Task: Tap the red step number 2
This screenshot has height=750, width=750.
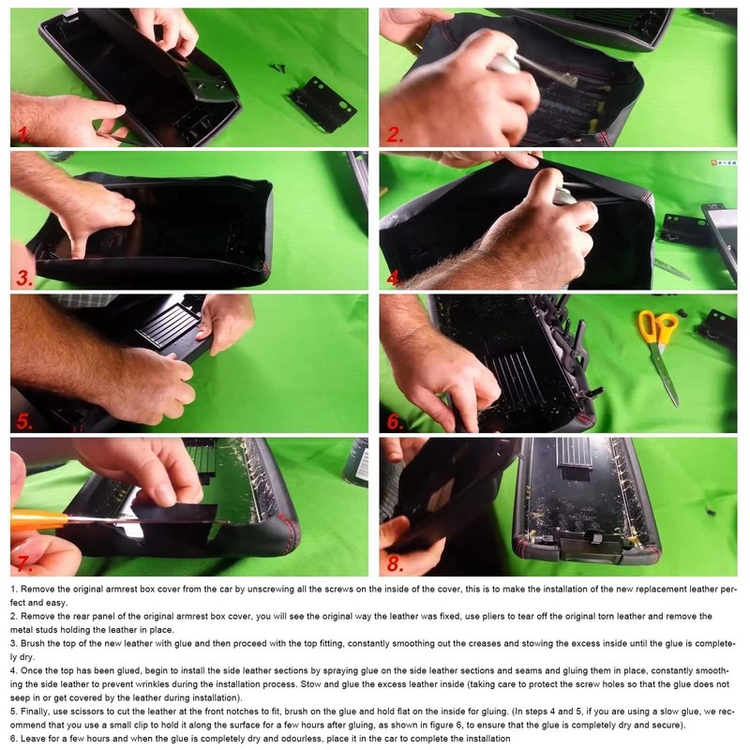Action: pos(394,134)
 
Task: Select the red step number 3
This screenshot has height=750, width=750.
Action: pos(24,277)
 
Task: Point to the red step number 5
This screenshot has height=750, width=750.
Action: pos(24,421)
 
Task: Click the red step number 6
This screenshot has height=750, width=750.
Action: pos(395,421)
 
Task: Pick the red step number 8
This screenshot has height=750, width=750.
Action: pos(395,563)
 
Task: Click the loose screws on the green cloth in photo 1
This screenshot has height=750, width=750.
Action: pos(277,67)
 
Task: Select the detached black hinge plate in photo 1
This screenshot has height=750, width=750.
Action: pos(322,104)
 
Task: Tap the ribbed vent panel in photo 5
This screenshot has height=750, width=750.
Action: pos(166,325)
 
